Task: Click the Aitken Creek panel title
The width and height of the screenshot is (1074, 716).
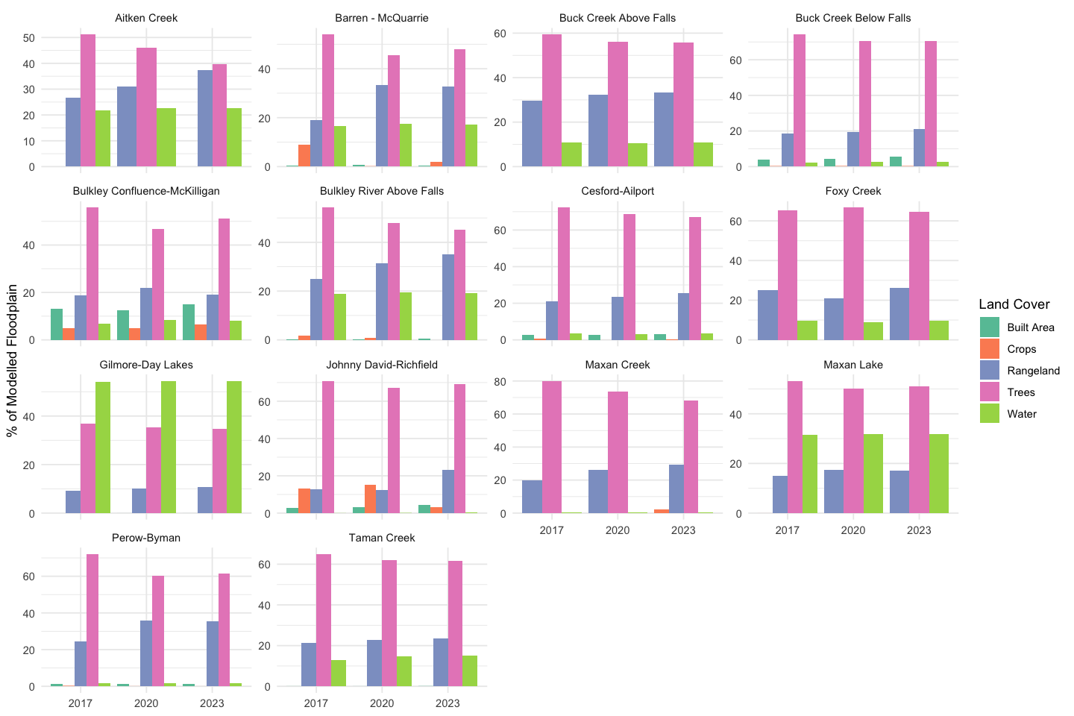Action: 146,18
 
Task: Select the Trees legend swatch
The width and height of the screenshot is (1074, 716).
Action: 989,392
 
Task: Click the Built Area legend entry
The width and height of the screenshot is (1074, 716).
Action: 1030,327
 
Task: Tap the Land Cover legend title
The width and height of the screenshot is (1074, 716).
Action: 1014,304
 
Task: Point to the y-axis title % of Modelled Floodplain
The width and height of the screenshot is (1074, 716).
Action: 12,360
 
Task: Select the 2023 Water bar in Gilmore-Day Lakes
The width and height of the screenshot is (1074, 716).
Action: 234,447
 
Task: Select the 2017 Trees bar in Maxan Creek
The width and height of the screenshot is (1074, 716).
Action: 552,447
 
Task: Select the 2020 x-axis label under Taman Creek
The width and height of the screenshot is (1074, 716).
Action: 382,703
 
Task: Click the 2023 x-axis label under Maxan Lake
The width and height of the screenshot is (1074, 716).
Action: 919,530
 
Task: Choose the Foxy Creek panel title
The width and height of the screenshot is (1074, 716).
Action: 853,191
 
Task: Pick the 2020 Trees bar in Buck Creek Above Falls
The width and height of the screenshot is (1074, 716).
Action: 618,104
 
